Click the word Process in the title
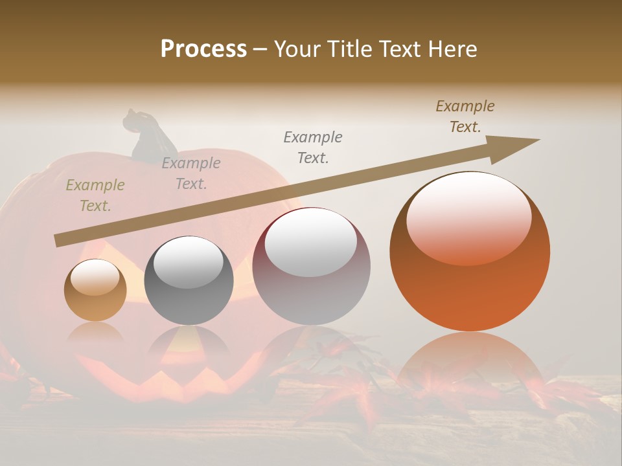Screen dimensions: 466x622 pyautogui.click(x=203, y=49)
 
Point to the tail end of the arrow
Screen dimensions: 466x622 pyautogui.click(x=60, y=240)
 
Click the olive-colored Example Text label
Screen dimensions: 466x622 pyautogui.click(x=95, y=195)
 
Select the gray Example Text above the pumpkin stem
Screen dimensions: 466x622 pyautogui.click(x=191, y=173)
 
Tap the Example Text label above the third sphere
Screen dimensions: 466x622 pyautogui.click(x=313, y=147)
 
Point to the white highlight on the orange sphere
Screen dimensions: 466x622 pyautogui.click(x=468, y=217)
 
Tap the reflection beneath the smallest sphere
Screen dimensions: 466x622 pyautogui.click(x=95, y=333)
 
